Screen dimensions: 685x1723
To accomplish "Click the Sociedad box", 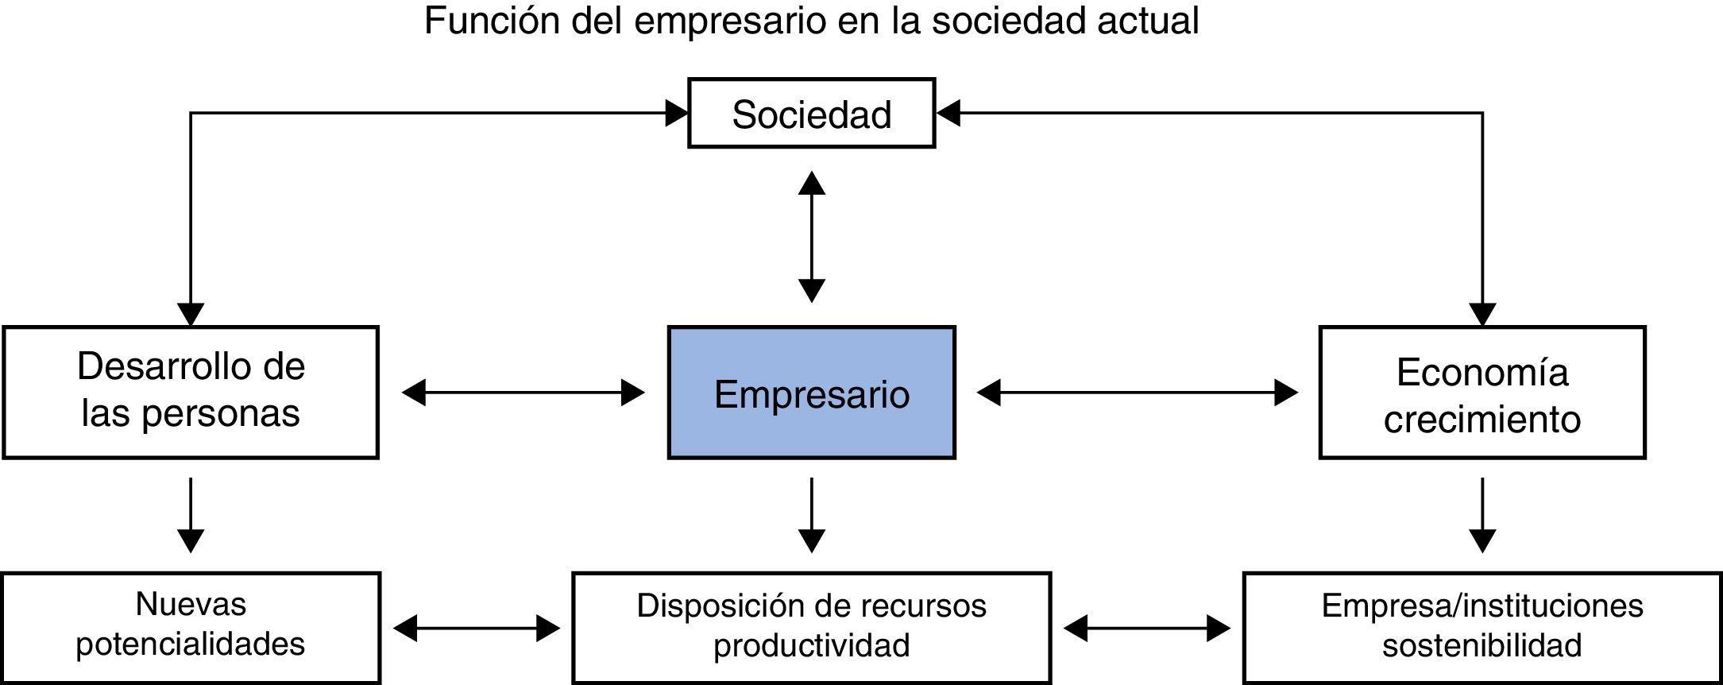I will (811, 114).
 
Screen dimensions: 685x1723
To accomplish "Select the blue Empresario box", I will (811, 393).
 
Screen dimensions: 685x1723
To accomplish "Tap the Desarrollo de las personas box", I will (191, 392).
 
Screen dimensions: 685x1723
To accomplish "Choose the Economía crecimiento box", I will (1482, 393).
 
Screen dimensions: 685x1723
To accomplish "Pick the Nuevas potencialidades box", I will (191, 627).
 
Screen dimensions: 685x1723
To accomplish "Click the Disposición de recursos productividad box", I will (811, 627).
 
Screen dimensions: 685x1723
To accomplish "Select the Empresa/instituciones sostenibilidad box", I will (1482, 627).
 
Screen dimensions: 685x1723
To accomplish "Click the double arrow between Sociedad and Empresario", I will (811, 237).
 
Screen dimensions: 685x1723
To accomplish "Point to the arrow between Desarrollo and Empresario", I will (523, 393).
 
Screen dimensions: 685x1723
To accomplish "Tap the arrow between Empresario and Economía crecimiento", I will (1137, 393).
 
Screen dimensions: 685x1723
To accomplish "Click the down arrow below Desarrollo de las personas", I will (191, 515).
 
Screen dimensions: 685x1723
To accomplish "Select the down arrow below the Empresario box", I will (811, 515).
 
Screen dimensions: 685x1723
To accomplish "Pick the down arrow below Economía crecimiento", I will (1482, 515).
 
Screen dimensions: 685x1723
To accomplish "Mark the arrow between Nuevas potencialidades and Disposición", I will (477, 629).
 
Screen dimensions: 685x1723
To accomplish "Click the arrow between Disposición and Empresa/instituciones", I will (1146, 629).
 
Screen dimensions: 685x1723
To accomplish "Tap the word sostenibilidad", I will (1482, 645).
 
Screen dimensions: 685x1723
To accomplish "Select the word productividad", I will (811, 645).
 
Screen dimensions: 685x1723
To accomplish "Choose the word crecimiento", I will (1482, 420).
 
